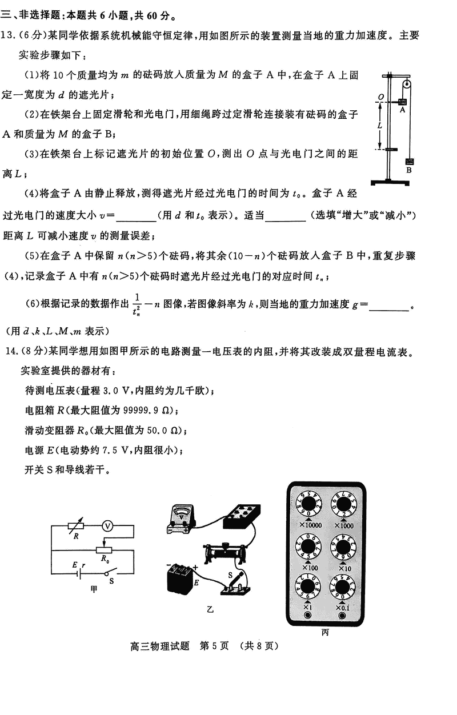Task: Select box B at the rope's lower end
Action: click(410, 162)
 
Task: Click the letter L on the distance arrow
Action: click(379, 124)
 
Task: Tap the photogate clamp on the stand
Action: click(390, 150)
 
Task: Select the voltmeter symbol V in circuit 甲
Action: click(106, 527)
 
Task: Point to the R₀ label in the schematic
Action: click(105, 560)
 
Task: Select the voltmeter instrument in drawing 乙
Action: click(182, 520)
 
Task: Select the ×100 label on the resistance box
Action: click(310, 567)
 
